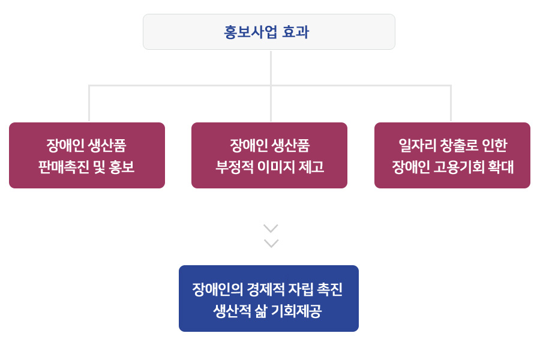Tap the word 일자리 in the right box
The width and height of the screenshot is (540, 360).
click(x=415, y=145)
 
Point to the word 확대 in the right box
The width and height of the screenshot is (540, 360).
click(x=501, y=167)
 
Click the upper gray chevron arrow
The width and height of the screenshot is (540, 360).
click(x=271, y=229)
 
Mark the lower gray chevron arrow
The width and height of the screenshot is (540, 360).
click(x=271, y=243)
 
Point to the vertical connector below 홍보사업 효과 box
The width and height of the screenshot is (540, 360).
click(x=271, y=67)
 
